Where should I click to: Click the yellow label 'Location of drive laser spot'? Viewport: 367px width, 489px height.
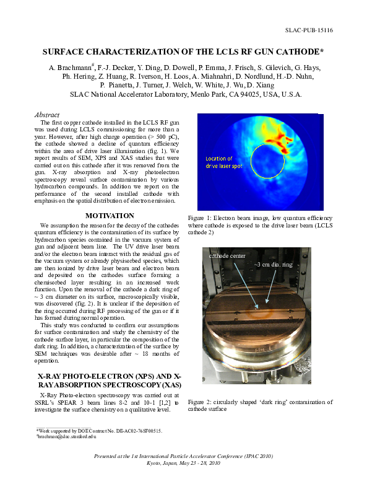(x=220, y=162)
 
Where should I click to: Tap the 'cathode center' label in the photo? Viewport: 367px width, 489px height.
(x=228, y=255)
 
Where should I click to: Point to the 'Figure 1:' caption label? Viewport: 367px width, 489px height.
(x=201, y=218)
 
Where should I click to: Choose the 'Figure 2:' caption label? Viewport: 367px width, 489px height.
(x=201, y=402)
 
